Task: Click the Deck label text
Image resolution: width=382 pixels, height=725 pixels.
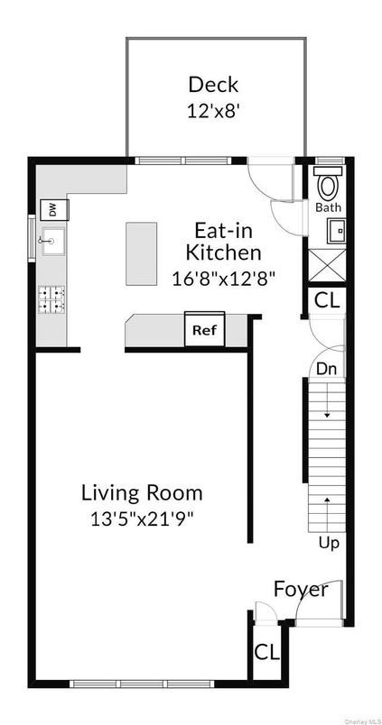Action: (213, 85)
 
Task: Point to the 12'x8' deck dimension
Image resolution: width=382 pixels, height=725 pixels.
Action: (213, 110)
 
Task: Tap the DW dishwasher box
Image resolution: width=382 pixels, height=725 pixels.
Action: (52, 209)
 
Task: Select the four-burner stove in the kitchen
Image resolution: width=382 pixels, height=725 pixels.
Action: (51, 299)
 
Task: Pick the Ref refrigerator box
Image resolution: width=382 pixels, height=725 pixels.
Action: (205, 330)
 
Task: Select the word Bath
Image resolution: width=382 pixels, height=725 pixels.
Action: (328, 207)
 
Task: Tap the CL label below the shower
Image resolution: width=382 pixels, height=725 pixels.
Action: (327, 300)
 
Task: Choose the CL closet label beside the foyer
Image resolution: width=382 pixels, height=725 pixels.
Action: (266, 652)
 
